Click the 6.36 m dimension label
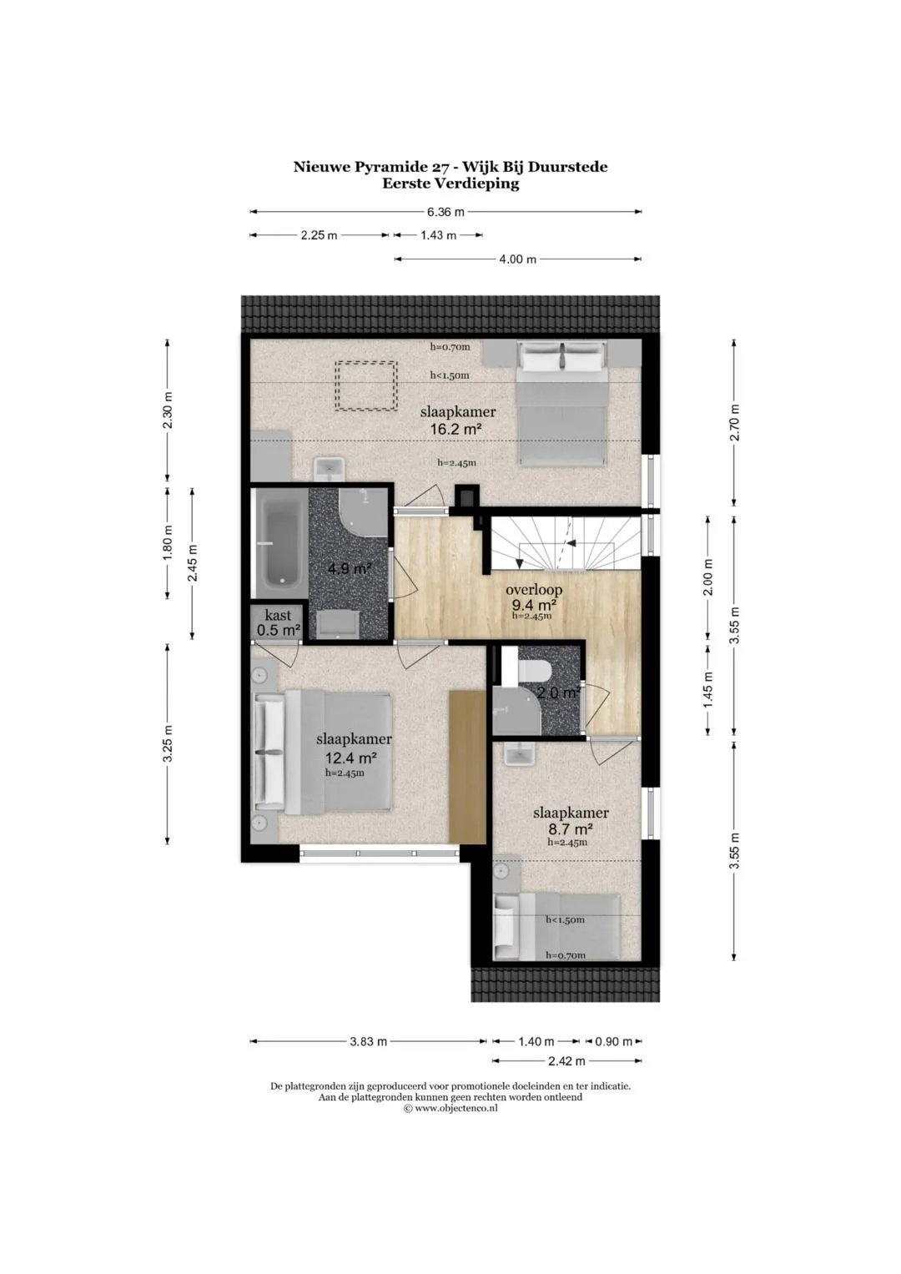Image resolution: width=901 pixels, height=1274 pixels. click(x=445, y=212)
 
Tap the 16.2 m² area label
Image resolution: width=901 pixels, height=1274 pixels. click(x=456, y=429)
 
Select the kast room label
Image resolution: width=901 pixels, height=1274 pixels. click(x=278, y=616)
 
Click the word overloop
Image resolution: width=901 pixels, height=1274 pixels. click(x=534, y=590)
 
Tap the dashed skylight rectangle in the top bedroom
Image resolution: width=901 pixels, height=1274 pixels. click(x=365, y=386)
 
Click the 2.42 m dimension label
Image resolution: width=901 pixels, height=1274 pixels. click(x=566, y=1060)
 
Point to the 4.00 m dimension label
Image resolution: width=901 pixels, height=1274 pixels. click(x=517, y=259)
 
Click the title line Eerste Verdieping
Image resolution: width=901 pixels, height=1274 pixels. click(x=450, y=184)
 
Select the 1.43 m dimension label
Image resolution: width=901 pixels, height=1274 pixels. click(x=438, y=235)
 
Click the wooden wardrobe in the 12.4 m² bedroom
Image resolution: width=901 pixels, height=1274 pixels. click(x=466, y=768)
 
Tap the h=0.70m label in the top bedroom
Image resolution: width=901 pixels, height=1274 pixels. click(x=450, y=346)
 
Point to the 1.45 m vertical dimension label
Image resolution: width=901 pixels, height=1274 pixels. click(x=708, y=690)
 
